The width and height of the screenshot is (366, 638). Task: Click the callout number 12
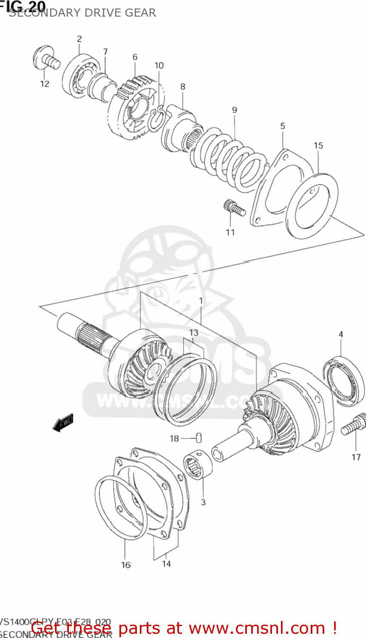(45, 84)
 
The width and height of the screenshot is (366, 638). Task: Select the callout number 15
(318, 145)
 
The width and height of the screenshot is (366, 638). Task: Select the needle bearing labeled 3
(198, 466)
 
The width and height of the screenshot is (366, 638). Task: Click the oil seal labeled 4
(343, 381)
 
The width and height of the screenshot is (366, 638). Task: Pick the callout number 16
(126, 565)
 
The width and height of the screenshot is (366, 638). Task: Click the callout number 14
(166, 564)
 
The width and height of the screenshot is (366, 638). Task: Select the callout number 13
(193, 333)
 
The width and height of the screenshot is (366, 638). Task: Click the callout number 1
(201, 301)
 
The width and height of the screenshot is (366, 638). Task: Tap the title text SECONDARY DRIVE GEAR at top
(82, 13)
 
